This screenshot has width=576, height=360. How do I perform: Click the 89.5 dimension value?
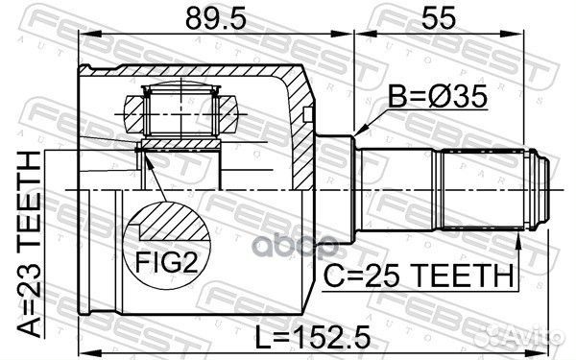tap(216, 18)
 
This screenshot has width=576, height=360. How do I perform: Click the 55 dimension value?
tap(439, 18)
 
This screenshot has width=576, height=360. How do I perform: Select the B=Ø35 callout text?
tap(438, 96)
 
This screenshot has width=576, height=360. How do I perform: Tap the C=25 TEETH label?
tap(419, 276)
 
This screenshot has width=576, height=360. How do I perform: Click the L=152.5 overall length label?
tap(312, 338)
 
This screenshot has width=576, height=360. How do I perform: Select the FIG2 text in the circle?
tap(167, 262)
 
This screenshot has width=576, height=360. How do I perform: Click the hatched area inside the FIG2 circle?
tap(173, 223)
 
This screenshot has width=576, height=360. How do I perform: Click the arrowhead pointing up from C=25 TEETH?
tap(518, 239)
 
